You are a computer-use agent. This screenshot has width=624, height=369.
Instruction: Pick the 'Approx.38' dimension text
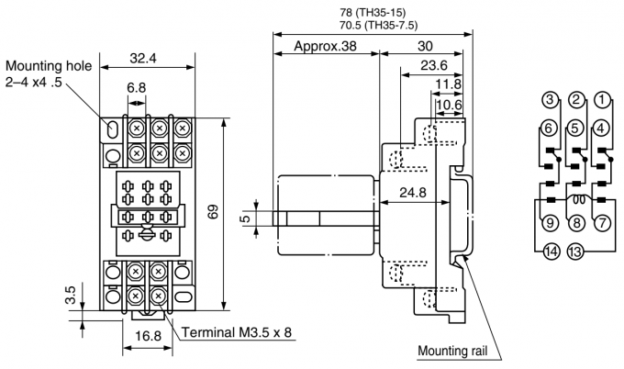point(327,45)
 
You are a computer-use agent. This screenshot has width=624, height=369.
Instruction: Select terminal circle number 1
point(602,99)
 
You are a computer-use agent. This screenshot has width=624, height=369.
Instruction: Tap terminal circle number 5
point(574,129)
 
